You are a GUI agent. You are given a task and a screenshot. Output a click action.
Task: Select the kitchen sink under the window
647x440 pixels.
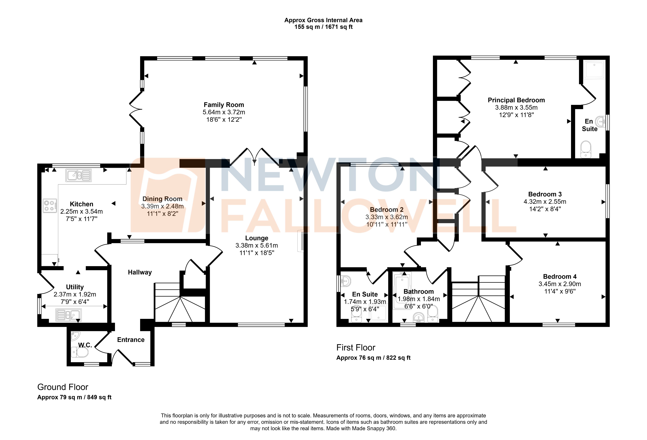[x=79, y=176]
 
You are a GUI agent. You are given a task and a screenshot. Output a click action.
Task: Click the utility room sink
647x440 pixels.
[x=68, y=315]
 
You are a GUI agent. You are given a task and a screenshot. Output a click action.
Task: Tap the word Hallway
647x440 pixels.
[x=140, y=272]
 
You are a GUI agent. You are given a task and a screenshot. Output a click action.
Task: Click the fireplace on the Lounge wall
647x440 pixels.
[x=300, y=241]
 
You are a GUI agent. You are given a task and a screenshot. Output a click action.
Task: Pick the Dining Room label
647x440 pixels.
[x=162, y=199]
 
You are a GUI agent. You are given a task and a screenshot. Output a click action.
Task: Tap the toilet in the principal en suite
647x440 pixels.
[x=586, y=149]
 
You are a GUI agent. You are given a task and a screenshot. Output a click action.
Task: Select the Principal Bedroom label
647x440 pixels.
[x=516, y=100]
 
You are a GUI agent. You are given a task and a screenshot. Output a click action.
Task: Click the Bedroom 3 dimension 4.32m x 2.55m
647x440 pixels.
[x=545, y=202]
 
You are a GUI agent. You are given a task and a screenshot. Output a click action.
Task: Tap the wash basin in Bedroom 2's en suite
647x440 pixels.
[x=346, y=281]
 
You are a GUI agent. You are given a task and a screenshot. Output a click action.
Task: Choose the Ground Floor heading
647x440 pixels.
[x=63, y=387]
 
